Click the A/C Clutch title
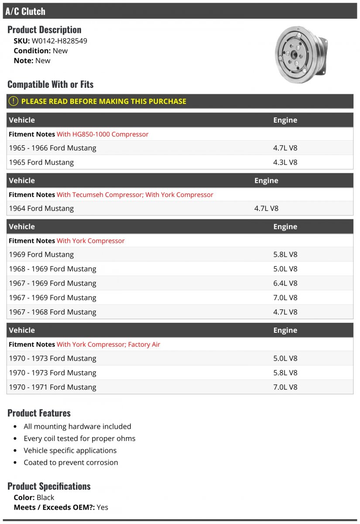tap(25, 11)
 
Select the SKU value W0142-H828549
tap(59, 41)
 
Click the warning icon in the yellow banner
tap(14, 101)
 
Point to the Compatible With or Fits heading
tap(50, 84)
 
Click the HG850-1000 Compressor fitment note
tap(103, 134)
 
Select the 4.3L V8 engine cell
tap(285, 162)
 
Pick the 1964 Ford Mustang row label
tap(41, 208)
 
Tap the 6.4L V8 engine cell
tap(285, 283)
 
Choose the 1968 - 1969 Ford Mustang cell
tap(52, 269)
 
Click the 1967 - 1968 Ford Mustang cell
tap(52, 312)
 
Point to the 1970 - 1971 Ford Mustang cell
tap(52, 387)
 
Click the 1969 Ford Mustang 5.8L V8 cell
tap(285, 255)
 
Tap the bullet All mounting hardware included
tap(77, 427)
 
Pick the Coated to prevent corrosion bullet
tap(71, 462)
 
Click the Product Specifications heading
tap(49, 486)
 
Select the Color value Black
tap(45, 497)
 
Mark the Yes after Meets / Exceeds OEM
tap(102, 507)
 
